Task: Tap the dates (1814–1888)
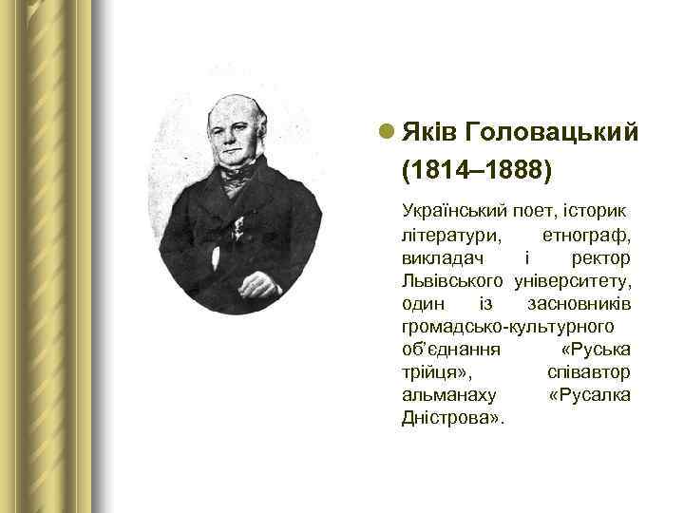476,171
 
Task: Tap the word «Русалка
589,395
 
